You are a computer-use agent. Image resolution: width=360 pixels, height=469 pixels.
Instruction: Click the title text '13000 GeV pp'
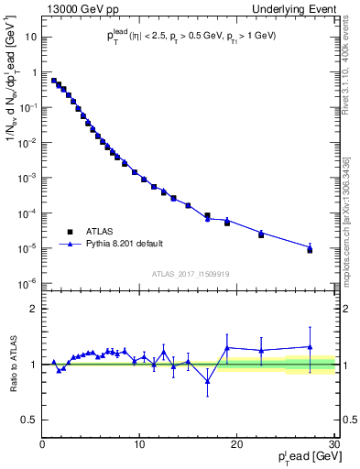coord(71,7)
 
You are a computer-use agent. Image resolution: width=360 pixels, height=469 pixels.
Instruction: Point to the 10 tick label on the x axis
coord(139,444)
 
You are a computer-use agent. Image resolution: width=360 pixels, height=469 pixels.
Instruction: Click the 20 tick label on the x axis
coord(236,444)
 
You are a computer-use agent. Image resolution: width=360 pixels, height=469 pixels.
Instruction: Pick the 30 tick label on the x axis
coord(333,444)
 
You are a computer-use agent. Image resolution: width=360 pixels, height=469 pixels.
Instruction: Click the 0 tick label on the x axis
coord(42,444)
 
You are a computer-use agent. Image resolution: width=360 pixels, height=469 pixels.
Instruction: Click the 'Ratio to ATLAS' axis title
coord(14,364)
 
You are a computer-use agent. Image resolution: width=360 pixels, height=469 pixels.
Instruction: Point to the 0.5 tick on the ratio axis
coord(30,420)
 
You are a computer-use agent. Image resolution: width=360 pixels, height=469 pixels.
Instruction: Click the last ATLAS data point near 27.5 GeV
coord(310,250)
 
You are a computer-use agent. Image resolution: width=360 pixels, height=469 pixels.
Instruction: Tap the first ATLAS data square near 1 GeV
coord(54,81)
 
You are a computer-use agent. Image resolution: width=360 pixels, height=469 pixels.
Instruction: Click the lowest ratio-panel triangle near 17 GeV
coord(207,381)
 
